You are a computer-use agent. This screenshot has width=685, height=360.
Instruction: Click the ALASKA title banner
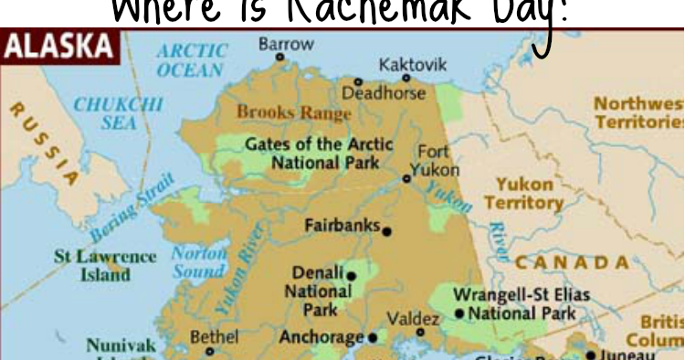point(60,46)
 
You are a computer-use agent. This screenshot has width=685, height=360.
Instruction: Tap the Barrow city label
point(286,43)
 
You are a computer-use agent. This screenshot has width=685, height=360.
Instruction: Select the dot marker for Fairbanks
point(387,231)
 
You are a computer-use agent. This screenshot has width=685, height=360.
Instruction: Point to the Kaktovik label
point(413,65)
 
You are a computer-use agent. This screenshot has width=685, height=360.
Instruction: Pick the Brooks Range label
point(293,113)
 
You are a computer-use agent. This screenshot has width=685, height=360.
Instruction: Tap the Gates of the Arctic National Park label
point(319,154)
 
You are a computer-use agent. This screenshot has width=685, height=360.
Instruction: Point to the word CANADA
point(573,263)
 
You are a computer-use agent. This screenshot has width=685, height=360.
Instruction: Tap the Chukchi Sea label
point(119,113)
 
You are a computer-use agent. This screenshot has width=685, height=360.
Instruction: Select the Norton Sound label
point(199,262)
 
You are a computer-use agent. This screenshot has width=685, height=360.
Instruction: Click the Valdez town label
point(413,319)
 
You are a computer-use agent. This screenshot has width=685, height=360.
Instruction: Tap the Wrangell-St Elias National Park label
point(522,304)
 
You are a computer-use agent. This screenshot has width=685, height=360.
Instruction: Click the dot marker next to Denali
point(351,275)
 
